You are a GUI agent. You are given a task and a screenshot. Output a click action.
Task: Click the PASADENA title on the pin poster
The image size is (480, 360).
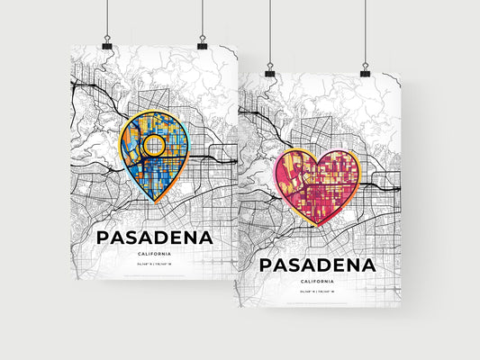[154, 238]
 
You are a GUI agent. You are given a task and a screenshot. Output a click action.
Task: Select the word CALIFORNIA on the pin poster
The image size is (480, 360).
[154, 256]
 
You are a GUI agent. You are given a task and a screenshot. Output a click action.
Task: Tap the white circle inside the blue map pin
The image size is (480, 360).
[154, 145]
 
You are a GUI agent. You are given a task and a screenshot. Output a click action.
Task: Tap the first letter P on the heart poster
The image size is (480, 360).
[267, 265]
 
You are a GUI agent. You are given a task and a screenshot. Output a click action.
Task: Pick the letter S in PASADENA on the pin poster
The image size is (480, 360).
[131, 238]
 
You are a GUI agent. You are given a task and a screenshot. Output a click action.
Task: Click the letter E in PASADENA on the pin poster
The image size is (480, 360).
[183, 238]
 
